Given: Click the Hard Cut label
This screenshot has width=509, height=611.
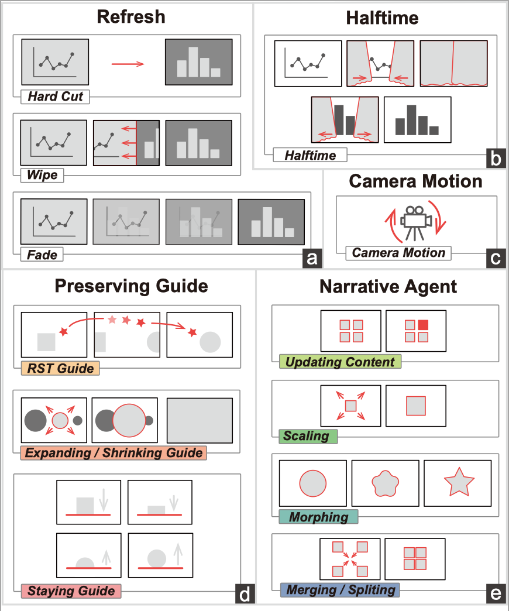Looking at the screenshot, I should pyautogui.click(x=55, y=97).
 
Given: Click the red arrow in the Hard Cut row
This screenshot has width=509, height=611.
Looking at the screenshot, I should pyautogui.click(x=127, y=63).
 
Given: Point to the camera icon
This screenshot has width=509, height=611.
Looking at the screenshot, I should pyautogui.click(x=416, y=221).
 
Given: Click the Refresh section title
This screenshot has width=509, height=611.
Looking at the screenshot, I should pyautogui.click(x=131, y=17).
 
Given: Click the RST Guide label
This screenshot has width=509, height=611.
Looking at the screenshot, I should pyautogui.click(x=60, y=368).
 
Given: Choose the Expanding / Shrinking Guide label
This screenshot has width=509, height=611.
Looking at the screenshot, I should pyautogui.click(x=114, y=452).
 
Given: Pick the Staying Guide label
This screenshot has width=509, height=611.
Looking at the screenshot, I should pyautogui.click(x=71, y=591).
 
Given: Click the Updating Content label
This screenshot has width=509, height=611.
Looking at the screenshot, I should pyautogui.click(x=341, y=362).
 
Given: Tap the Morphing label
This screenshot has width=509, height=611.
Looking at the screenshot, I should pyautogui.click(x=319, y=517).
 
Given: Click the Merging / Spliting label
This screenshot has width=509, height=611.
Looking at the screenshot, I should pyautogui.click(x=339, y=589).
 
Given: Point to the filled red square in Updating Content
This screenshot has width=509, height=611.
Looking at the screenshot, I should pyautogui.click(x=423, y=325).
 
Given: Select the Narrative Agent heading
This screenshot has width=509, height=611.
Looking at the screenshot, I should pyautogui.click(x=388, y=287).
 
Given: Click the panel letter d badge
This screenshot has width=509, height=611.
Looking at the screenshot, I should pyautogui.click(x=245, y=594).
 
